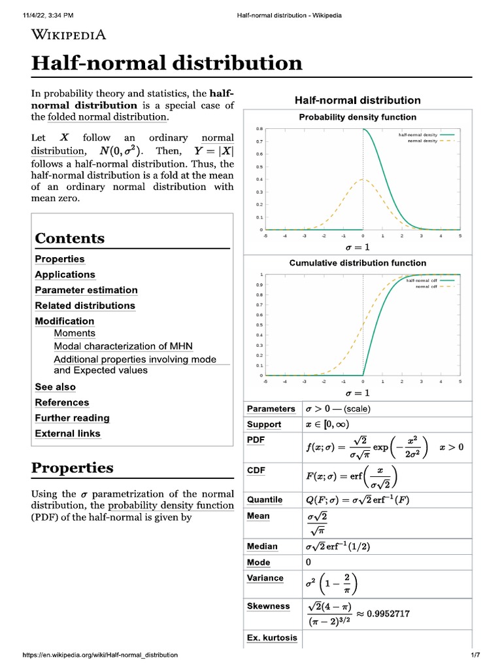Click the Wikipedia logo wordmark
point(69,35)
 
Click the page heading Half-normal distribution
point(167,63)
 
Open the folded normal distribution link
point(107,117)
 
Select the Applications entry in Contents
point(65,275)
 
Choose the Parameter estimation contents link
point(86,290)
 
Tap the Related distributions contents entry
point(85,306)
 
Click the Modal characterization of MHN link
point(123,346)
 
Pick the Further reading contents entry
point(72,418)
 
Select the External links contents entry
point(67,433)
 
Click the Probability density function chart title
point(357,117)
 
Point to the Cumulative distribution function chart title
point(357,263)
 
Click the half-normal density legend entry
point(418,135)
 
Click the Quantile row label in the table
point(265,500)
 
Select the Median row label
point(262,546)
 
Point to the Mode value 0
point(309,562)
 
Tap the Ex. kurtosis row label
point(272,638)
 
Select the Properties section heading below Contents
point(73,468)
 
